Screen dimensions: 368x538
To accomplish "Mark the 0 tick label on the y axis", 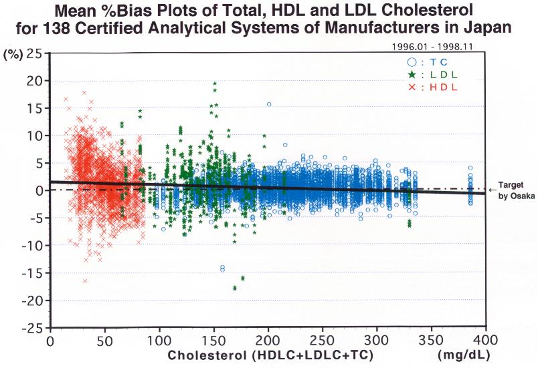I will click(x=41, y=191).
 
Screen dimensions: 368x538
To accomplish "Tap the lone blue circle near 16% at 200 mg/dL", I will click(x=269, y=104).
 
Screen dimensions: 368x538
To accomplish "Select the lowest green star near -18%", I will click(x=235, y=288).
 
